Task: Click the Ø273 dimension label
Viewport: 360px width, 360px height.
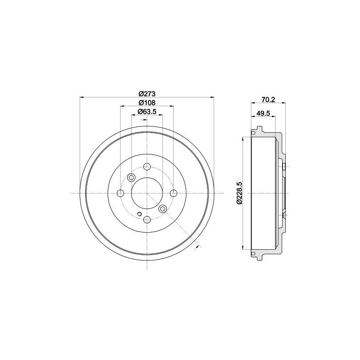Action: click(147, 94)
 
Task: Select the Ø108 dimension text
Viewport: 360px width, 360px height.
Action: click(147, 103)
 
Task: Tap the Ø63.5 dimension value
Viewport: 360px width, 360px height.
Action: click(147, 112)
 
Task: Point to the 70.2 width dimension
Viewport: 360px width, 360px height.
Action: click(268, 99)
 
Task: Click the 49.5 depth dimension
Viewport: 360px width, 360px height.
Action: click(263, 113)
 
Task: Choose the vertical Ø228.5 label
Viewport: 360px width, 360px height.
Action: click(239, 193)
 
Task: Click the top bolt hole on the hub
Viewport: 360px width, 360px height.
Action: click(147, 166)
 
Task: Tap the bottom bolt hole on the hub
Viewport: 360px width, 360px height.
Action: click(147, 220)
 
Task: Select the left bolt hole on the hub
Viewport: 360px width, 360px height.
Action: click(120, 193)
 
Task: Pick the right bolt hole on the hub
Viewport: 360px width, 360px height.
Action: click(173, 193)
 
